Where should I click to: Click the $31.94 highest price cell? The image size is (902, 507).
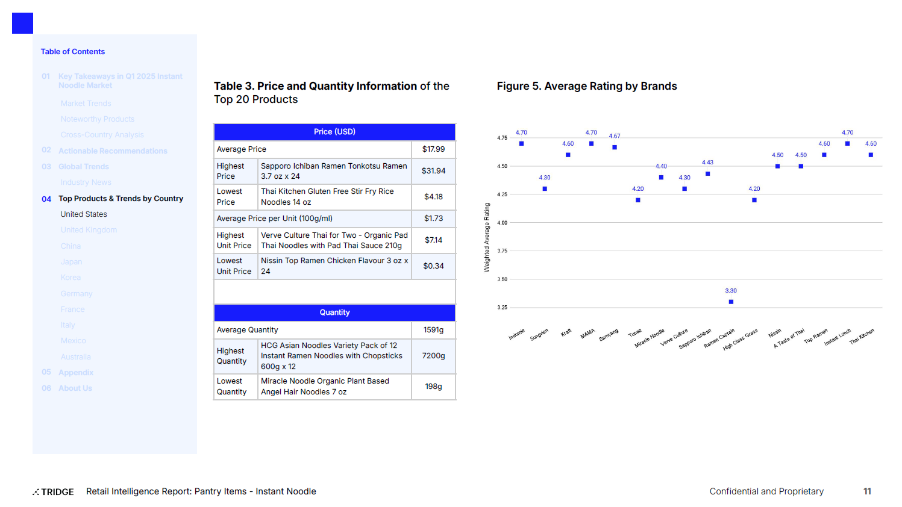(433, 171)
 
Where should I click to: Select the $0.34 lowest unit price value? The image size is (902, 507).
(433, 266)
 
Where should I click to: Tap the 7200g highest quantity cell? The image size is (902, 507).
(433, 356)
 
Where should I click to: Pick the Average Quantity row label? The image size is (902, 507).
(248, 330)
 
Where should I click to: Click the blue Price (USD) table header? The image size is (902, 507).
(334, 132)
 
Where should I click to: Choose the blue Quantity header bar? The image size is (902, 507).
(334, 313)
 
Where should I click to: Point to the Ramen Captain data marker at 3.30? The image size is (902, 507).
(731, 302)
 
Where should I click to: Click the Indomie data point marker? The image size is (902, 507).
(521, 143)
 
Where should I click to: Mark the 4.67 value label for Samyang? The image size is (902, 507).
(615, 136)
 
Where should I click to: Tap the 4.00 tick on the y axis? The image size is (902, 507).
(502, 223)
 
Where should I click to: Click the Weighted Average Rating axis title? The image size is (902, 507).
(487, 237)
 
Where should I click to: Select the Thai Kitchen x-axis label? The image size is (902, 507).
(862, 337)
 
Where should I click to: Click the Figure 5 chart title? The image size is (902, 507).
(587, 86)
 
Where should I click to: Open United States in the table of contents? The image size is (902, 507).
(84, 214)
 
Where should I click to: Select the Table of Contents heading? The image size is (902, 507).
(73, 52)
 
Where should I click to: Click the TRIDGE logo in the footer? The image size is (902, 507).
(54, 492)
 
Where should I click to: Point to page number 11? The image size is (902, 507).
(867, 491)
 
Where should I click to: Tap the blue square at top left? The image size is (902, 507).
(22, 23)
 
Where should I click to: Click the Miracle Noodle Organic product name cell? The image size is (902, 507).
(325, 387)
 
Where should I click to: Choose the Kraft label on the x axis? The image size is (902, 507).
(566, 332)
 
